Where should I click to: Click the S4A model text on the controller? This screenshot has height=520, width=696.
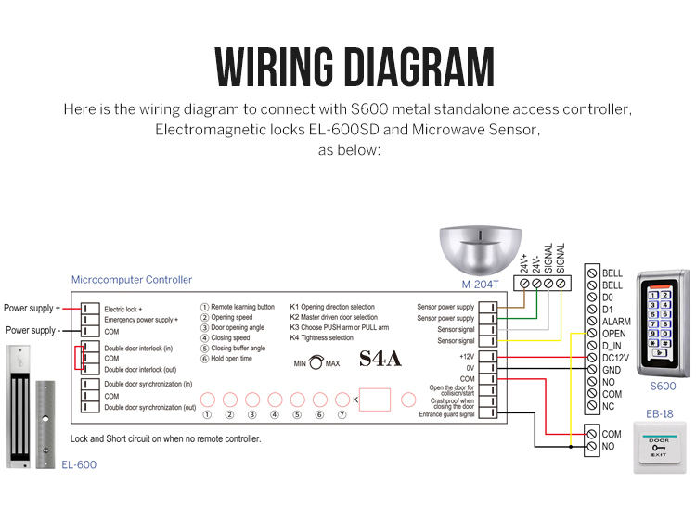[x=380, y=360]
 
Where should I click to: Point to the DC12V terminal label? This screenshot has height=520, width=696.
[x=616, y=358]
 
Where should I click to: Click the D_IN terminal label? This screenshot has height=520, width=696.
[x=612, y=346]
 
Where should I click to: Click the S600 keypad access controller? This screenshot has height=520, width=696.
[x=663, y=324]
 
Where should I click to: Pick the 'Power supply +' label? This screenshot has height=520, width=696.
[x=32, y=308]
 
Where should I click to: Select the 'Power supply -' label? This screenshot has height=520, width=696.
[x=32, y=330]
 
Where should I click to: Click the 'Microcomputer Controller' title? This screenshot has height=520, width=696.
[x=132, y=279]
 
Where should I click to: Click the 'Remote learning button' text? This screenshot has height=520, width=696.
[x=242, y=306]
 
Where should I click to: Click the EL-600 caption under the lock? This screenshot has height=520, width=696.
[x=78, y=464]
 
